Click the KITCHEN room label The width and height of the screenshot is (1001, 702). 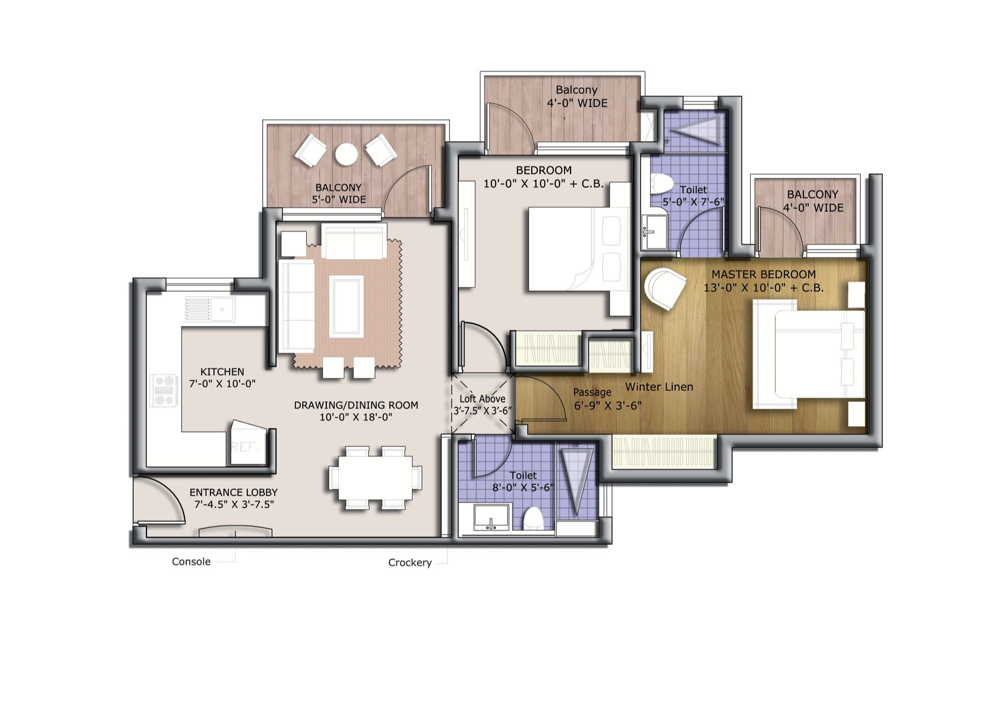click(x=222, y=372)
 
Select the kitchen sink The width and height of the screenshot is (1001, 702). click(x=222, y=308)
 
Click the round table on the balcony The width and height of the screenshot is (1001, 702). click(x=346, y=154)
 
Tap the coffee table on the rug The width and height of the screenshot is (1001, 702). click(x=346, y=306)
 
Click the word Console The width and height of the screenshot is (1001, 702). click(x=191, y=562)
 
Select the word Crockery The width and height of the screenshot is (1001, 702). click(x=410, y=563)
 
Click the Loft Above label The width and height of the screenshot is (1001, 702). click(x=482, y=399)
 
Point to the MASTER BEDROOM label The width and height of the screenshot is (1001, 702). click(x=764, y=274)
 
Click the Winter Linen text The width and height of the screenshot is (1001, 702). click(x=659, y=387)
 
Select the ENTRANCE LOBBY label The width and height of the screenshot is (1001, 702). click(x=234, y=492)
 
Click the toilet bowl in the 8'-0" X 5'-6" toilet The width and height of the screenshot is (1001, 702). click(x=534, y=519)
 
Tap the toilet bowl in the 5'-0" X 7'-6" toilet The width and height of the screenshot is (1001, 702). click(x=662, y=183)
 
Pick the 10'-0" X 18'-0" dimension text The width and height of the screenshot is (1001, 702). click(x=356, y=417)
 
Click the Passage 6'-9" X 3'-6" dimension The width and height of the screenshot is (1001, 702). click(x=608, y=406)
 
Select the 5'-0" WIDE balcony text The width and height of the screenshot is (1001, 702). click(x=339, y=199)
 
